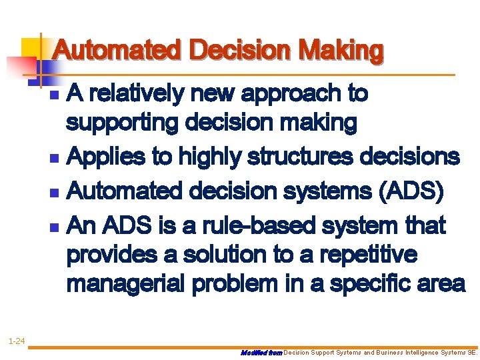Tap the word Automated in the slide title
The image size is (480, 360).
pyautogui.click(x=117, y=51)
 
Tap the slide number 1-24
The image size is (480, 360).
pyautogui.click(x=16, y=342)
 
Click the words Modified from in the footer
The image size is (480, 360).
pyautogui.click(x=261, y=353)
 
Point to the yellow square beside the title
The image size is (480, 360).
pyautogui.click(x=32, y=49)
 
